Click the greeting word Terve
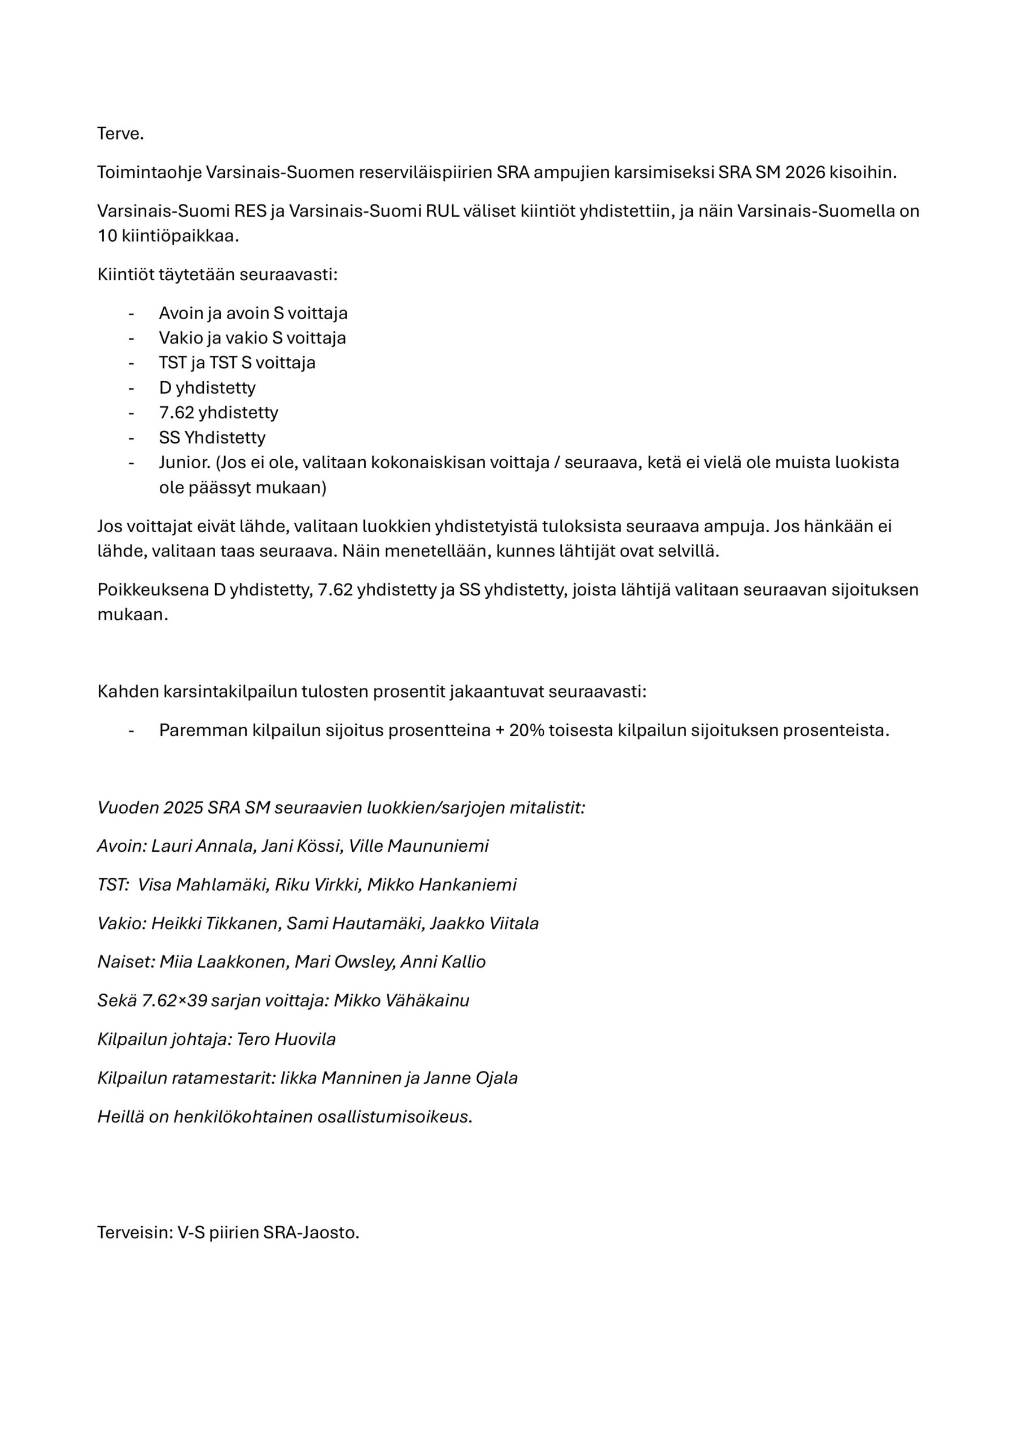coord(120,134)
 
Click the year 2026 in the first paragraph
coord(805,173)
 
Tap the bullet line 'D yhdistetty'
coord(207,387)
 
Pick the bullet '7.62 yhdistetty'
coord(219,412)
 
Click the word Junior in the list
coord(184,462)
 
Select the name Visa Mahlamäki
coord(204,885)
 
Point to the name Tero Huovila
coord(286,1039)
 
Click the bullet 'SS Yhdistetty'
coord(212,437)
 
